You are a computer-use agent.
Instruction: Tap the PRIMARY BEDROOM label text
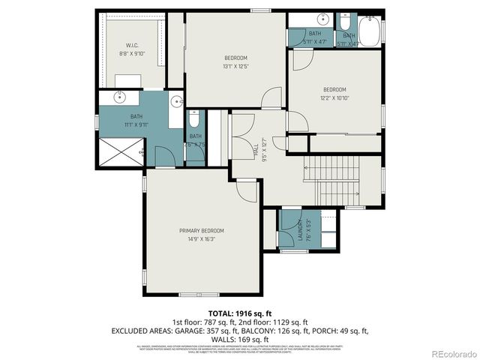point(201,230)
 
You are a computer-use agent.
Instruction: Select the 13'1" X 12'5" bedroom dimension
point(235,67)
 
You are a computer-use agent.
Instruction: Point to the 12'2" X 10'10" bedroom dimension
point(334,97)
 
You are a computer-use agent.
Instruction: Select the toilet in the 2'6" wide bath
point(194,120)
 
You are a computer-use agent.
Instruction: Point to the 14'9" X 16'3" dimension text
point(201,238)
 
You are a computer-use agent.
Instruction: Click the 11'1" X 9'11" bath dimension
point(136,124)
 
